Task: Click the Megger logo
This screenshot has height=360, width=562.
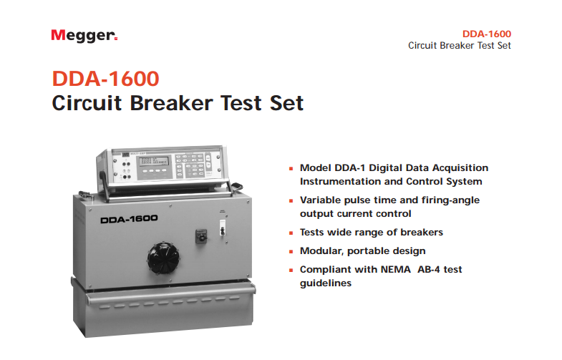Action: coord(84,36)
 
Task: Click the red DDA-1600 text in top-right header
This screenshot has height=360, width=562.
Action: coord(486,34)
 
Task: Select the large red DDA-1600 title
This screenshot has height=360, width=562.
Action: coord(106,79)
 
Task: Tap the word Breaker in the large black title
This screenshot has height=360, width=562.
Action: coord(172,103)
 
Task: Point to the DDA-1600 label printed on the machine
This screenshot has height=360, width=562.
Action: coord(129,219)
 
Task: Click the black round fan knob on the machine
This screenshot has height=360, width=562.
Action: coord(163,258)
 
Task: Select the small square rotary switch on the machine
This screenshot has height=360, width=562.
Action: coord(201,236)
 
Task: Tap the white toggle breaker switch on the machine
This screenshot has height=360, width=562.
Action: coord(222,228)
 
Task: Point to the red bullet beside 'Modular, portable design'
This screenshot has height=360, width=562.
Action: coord(291,251)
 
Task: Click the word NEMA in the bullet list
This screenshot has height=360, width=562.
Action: coord(395,269)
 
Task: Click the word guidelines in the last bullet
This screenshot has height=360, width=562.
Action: coord(326,283)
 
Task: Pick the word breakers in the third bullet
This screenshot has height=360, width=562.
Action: coord(422,232)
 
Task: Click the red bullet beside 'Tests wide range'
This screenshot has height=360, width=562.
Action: coord(291,233)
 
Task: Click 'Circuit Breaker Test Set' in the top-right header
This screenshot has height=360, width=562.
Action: coord(460,46)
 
